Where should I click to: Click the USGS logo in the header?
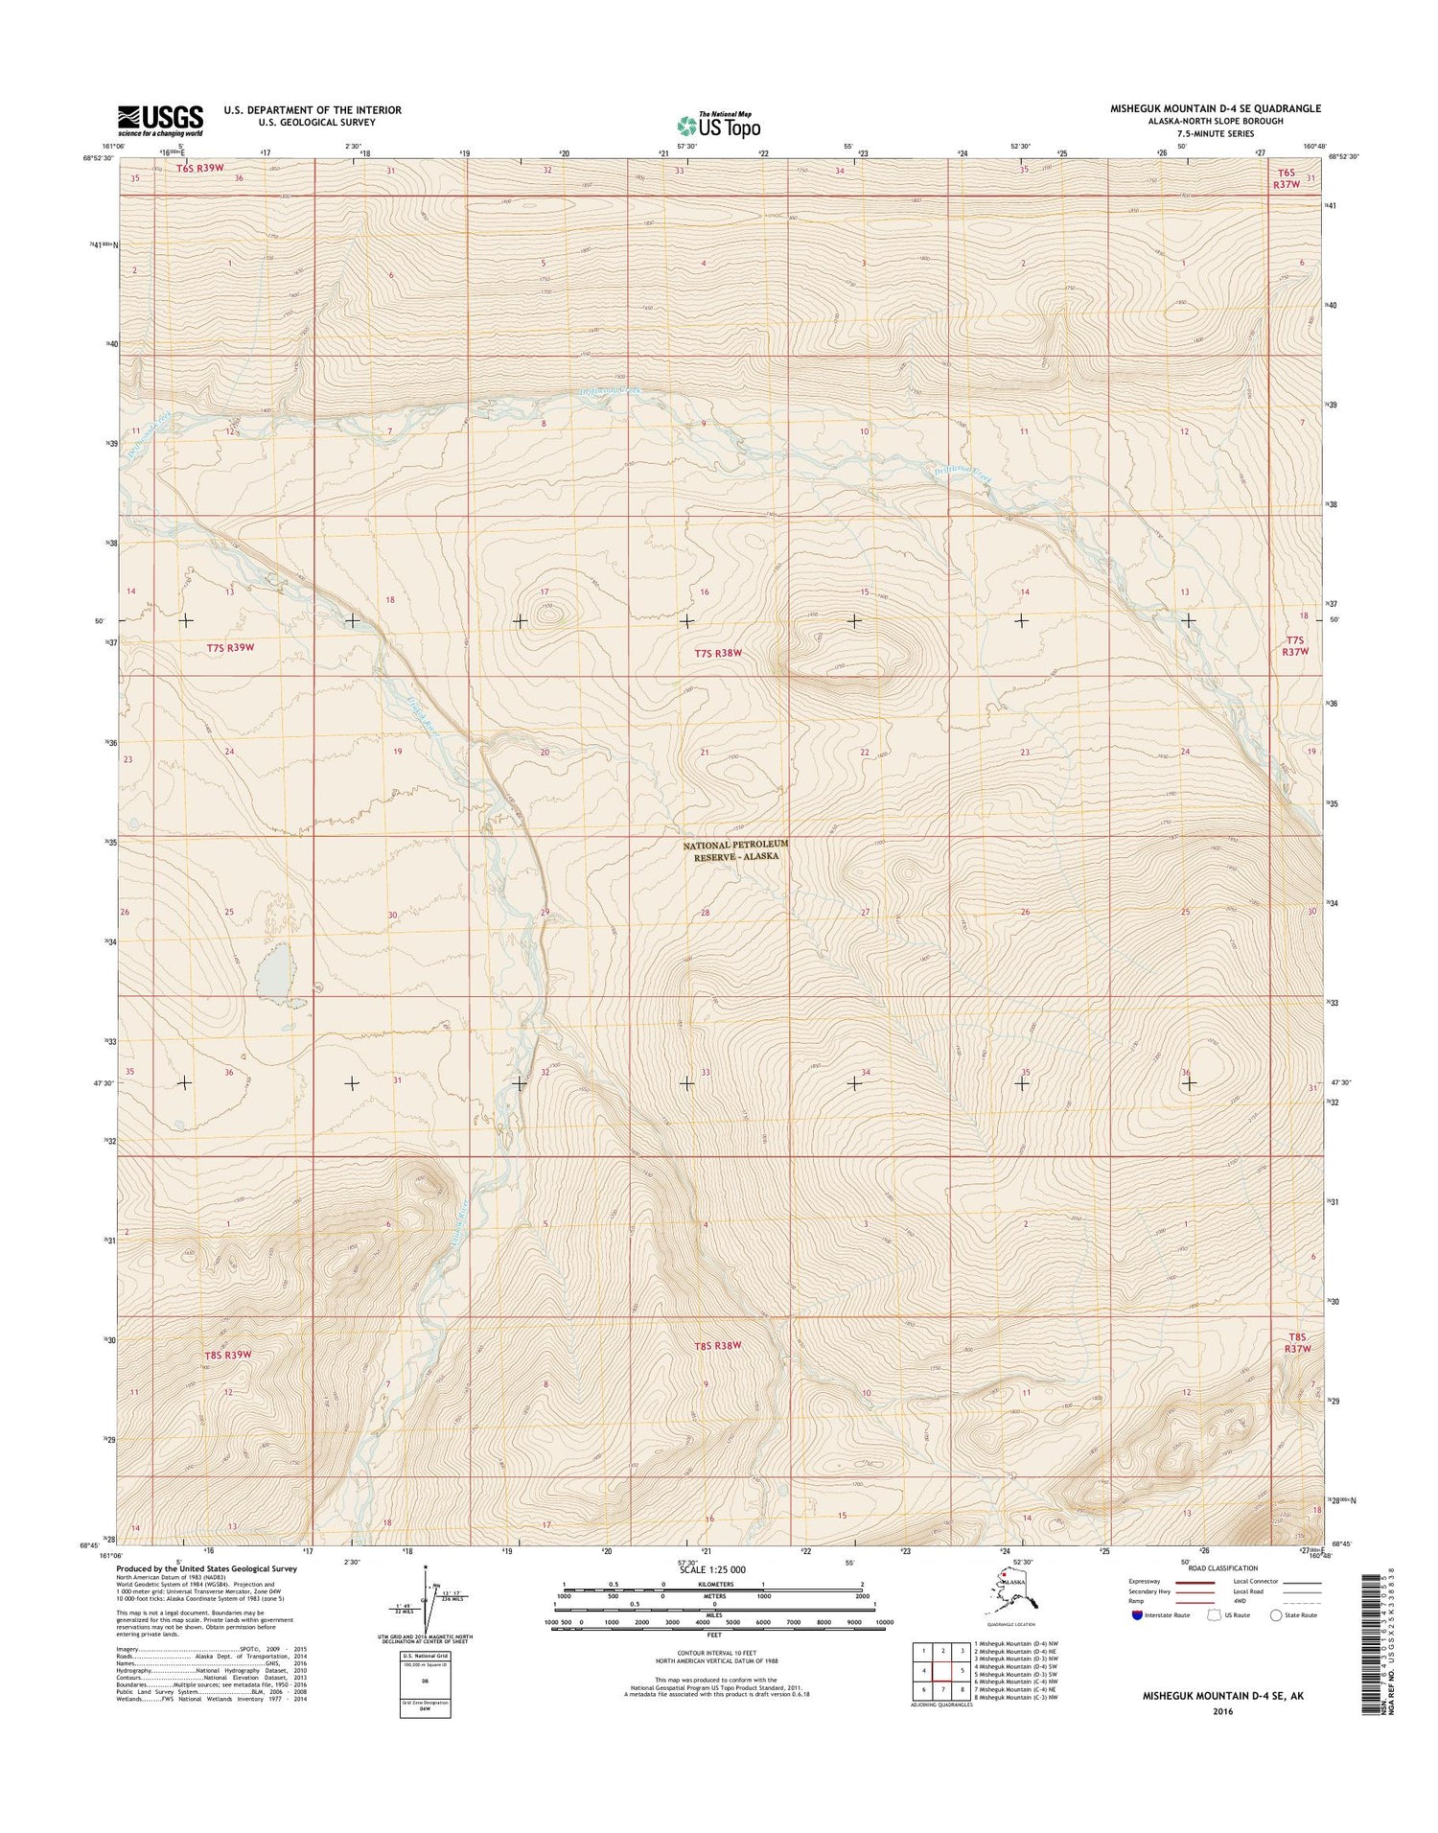tap(160, 120)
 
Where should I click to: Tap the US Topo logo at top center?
tap(718, 126)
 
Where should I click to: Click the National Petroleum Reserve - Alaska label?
tap(735, 849)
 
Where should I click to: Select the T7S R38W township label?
tap(719, 653)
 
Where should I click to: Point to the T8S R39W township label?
tap(228, 1355)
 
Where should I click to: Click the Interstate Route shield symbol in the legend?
tap(1137, 1615)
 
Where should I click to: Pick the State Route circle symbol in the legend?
tap(1276, 1615)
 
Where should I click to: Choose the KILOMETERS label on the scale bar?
tap(714, 1584)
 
